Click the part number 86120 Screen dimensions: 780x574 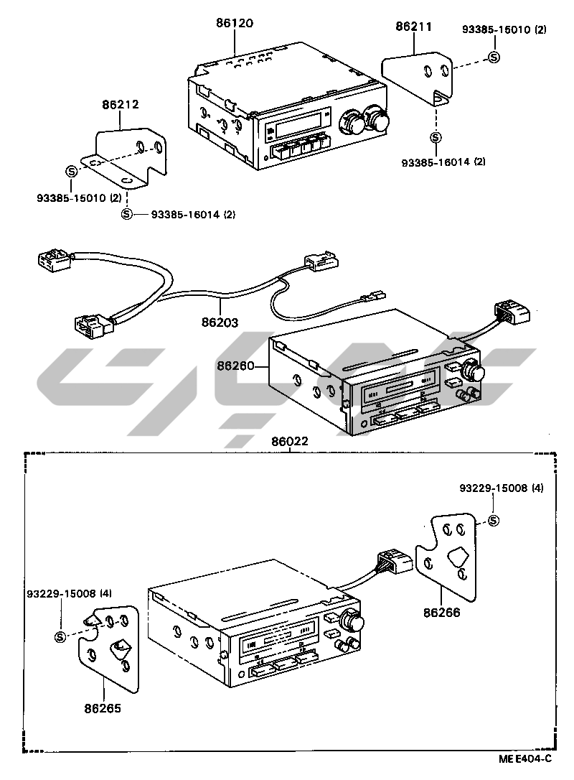click(235, 23)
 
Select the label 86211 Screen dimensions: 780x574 click(413, 27)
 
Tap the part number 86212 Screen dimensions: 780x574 click(120, 104)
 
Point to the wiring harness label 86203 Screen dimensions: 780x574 click(220, 323)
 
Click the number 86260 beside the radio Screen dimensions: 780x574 click(235, 366)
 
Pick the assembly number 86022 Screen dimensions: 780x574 click(290, 442)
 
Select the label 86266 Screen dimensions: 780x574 click(442, 613)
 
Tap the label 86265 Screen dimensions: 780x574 click(103, 708)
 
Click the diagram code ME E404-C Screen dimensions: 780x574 click(526, 758)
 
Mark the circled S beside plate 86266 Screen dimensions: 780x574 click(493, 521)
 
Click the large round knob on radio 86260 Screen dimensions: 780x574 click(474, 371)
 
